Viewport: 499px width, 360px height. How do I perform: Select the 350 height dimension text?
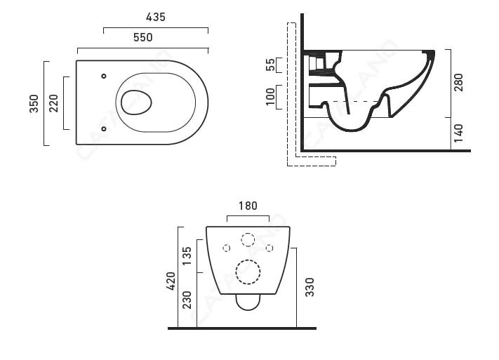pyautogui.click(x=34, y=103)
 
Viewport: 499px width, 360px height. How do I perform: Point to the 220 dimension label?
pyautogui.click(x=53, y=103)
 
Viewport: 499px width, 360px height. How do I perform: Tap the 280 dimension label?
pyautogui.click(x=458, y=82)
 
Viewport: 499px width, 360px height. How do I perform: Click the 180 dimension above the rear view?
pyautogui.click(x=247, y=206)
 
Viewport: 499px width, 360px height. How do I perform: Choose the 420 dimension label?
pyautogui.click(x=169, y=280)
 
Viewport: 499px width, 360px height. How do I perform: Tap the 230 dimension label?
pyautogui.click(x=187, y=301)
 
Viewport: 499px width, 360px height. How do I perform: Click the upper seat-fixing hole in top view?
pyautogui.click(x=104, y=76)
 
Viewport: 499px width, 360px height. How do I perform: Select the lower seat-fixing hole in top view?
pyautogui.click(x=104, y=129)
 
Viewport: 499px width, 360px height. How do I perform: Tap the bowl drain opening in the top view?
pyautogui.click(x=136, y=102)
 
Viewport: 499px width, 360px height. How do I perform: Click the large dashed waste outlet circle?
pyautogui.click(x=248, y=272)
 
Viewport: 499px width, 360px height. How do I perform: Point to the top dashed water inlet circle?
pyautogui.click(x=248, y=239)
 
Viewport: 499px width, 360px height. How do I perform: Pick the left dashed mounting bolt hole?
pyautogui.click(x=226, y=248)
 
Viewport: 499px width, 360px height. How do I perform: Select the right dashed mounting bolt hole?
pyautogui.click(x=270, y=248)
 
